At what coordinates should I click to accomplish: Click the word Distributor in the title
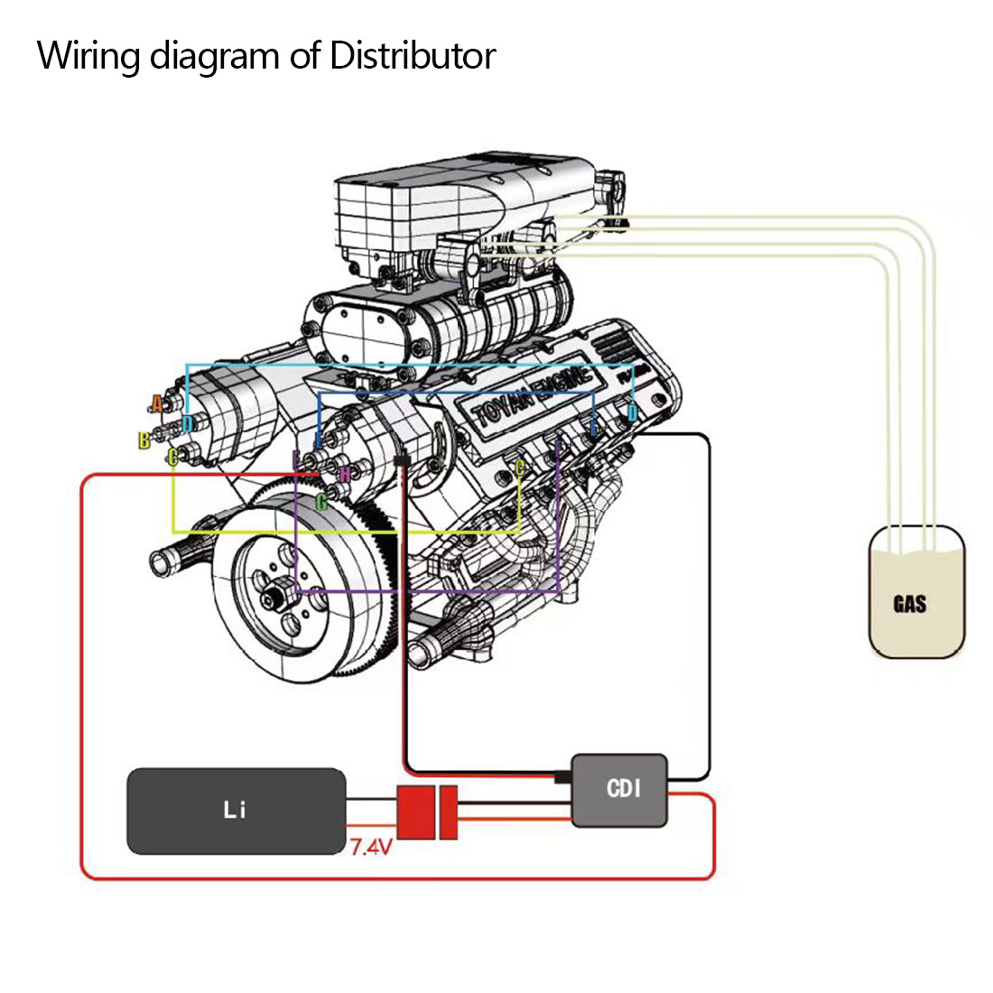click(413, 56)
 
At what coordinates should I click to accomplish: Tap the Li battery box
click(236, 811)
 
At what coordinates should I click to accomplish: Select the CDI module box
click(622, 790)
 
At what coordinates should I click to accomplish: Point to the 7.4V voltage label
click(370, 848)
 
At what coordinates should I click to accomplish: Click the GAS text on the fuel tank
click(909, 604)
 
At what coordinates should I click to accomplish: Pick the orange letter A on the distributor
click(157, 404)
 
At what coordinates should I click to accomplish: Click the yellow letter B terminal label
click(144, 441)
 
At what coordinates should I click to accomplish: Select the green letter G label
click(321, 502)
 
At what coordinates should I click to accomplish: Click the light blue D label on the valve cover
click(632, 413)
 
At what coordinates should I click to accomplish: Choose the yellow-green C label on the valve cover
click(519, 468)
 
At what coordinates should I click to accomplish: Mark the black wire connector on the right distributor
click(403, 461)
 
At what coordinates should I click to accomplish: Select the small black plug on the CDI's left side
click(563, 777)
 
